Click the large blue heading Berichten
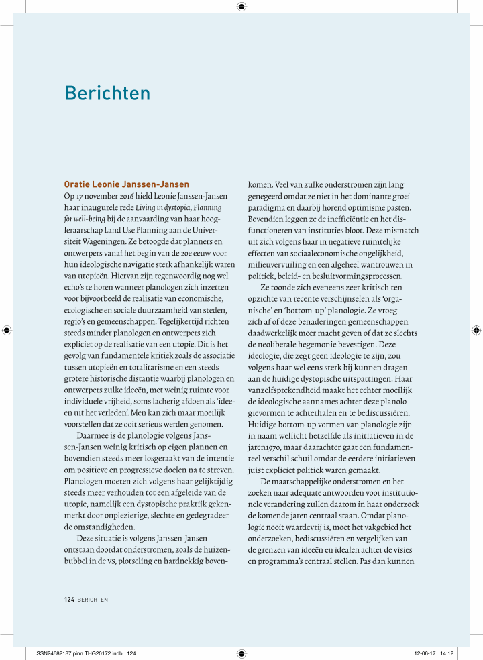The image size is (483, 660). coord(107,93)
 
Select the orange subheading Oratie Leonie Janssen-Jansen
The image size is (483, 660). coord(127,184)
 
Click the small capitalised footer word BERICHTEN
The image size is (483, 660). coord(93,599)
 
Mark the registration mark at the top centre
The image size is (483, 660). coord(241,7)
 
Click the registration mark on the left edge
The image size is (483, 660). coord(7,330)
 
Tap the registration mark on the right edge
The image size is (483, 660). coord(476,330)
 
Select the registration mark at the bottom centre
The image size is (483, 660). coord(241,652)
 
